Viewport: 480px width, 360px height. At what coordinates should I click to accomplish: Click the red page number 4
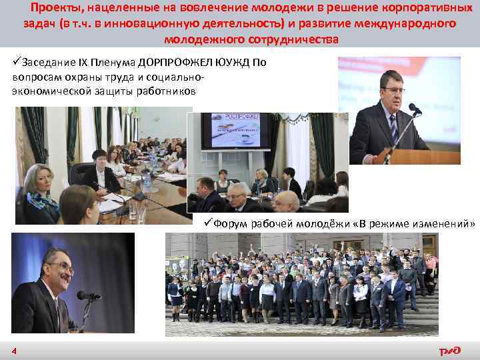pyautogui.click(x=13, y=351)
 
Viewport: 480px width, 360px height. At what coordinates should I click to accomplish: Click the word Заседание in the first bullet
pyautogui.click(x=50, y=64)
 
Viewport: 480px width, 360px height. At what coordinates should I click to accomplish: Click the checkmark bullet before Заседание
pyautogui.click(x=17, y=64)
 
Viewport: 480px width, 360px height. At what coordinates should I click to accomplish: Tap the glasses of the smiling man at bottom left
pyautogui.click(x=59, y=268)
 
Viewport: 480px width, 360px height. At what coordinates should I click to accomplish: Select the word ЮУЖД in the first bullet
pyautogui.click(x=239, y=64)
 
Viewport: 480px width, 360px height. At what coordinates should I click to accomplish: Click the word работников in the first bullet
pyautogui.click(x=165, y=91)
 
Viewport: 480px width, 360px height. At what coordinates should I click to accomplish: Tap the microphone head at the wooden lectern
pyautogui.click(x=414, y=108)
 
